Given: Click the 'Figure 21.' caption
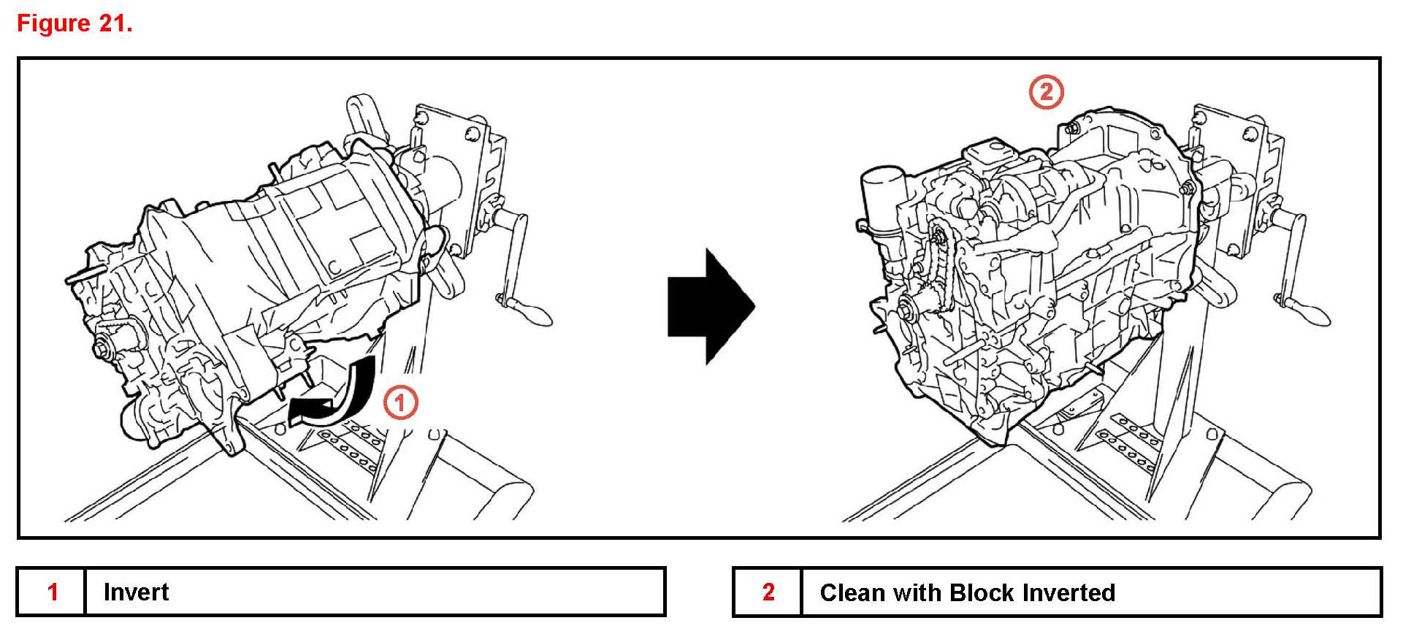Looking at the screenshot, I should click(x=74, y=23).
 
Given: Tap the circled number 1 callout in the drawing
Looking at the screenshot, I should click(x=400, y=402).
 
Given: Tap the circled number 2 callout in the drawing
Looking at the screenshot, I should click(x=1046, y=93).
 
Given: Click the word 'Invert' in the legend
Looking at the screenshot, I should click(x=136, y=592).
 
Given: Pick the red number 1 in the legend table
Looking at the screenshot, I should click(x=53, y=592).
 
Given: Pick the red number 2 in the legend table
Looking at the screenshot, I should click(x=768, y=592).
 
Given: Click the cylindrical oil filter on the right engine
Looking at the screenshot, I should click(x=884, y=197).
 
